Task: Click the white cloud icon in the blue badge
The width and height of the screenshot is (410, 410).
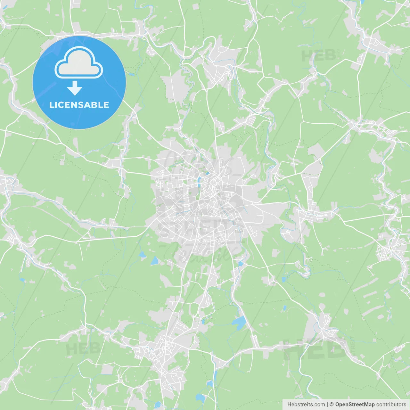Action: point(79,62)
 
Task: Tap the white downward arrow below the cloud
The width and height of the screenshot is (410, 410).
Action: point(75,88)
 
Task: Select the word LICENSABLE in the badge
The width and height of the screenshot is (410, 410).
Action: point(79,105)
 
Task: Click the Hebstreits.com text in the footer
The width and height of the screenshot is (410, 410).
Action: point(306,405)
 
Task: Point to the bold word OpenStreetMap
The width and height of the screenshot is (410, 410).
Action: point(355,405)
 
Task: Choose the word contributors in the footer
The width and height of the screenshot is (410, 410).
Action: point(391,405)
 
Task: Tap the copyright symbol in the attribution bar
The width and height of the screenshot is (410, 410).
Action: point(332,405)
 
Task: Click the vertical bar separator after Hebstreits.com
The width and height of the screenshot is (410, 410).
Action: point(327,405)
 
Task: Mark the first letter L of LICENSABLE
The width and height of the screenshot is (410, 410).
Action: point(52,105)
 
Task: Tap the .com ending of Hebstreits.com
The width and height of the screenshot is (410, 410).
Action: point(319,405)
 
